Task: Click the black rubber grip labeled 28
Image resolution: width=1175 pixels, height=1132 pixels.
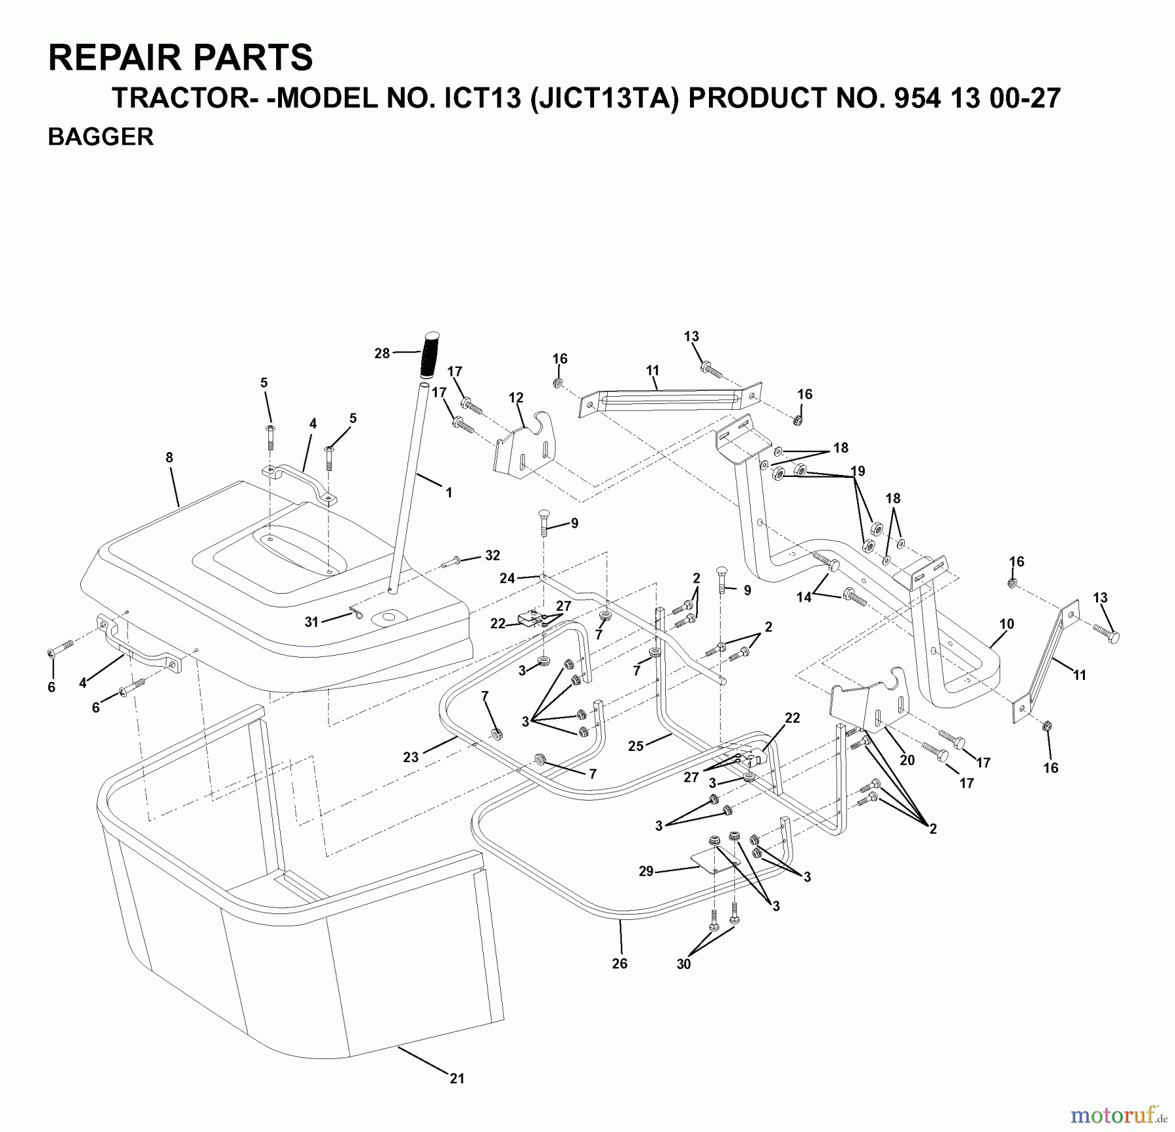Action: [430, 354]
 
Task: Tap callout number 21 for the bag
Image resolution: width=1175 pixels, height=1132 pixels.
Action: [457, 1078]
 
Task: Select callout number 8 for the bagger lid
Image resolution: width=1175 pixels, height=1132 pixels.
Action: [169, 457]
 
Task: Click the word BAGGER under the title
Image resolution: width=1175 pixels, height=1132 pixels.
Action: [101, 137]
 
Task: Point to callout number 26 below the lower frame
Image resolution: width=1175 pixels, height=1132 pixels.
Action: [619, 963]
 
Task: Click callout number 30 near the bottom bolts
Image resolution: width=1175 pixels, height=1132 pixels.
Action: [683, 964]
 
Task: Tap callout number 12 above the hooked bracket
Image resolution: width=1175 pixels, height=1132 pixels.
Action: [516, 397]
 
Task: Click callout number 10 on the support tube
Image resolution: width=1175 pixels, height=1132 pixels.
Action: [1007, 624]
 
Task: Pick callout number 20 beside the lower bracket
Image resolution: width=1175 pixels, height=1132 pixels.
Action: [907, 759]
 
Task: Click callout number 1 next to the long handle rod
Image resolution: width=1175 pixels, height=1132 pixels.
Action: [448, 493]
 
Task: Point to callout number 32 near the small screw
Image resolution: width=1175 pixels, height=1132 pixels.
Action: [492, 555]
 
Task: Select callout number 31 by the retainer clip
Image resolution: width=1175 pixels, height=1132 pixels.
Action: [311, 622]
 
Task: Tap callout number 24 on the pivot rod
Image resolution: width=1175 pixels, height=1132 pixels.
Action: [507, 577]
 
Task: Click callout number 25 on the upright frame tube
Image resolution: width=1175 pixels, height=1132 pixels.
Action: [636, 746]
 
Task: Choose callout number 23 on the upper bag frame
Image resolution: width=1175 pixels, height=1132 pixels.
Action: [411, 757]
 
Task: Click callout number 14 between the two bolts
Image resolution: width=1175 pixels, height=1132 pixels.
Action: [804, 597]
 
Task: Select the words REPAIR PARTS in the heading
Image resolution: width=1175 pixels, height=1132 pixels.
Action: [181, 57]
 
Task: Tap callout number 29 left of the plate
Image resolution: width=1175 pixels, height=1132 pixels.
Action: [646, 871]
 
